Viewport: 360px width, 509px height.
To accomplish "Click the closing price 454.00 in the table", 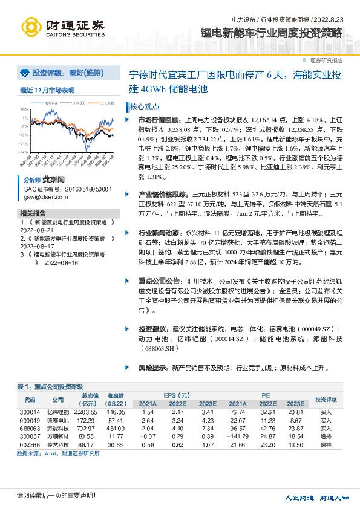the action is tap(116, 427).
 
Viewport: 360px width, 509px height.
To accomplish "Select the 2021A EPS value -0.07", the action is tap(148, 435).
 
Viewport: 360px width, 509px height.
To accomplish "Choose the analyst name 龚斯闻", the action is tap(53, 180).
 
